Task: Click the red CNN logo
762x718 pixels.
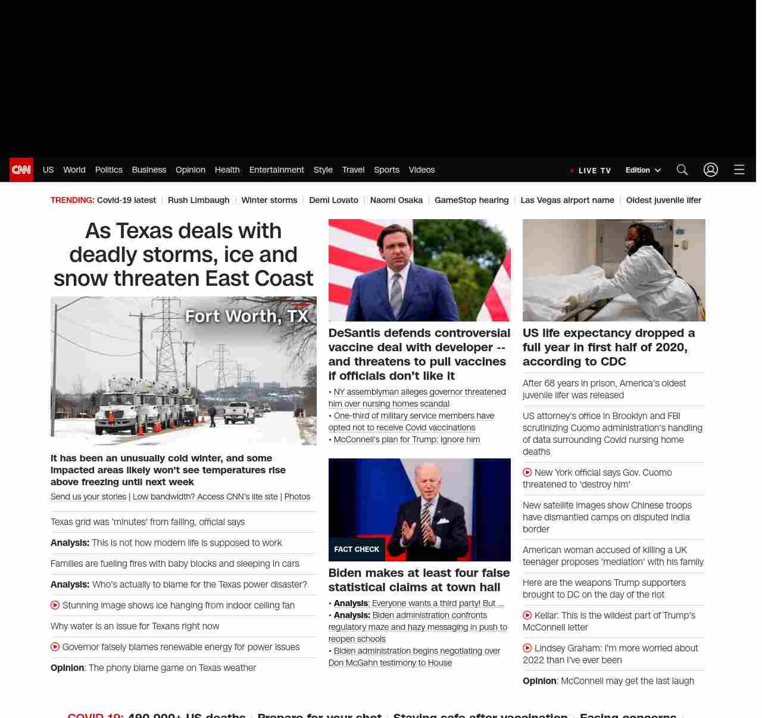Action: pyautogui.click(x=21, y=170)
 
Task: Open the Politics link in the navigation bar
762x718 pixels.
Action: pyautogui.click(x=108, y=170)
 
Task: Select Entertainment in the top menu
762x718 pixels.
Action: pyautogui.click(x=276, y=170)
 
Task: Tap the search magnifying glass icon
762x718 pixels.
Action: pyautogui.click(x=682, y=170)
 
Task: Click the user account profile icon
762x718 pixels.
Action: pyautogui.click(x=711, y=170)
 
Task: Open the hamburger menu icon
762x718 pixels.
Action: pyautogui.click(x=739, y=170)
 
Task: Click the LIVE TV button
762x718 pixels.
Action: pyautogui.click(x=591, y=170)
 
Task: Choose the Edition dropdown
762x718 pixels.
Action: pyautogui.click(x=643, y=170)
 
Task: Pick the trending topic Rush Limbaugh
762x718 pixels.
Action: pyautogui.click(x=198, y=200)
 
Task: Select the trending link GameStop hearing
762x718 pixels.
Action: pyautogui.click(x=471, y=200)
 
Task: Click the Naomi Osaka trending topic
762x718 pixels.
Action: pyautogui.click(x=396, y=200)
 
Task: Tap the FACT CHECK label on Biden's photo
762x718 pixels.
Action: pyautogui.click(x=357, y=550)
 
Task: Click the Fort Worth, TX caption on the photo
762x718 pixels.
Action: pyautogui.click(x=246, y=316)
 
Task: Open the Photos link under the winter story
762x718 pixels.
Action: pyautogui.click(x=297, y=497)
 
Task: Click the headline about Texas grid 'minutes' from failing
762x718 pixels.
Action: pyautogui.click(x=148, y=522)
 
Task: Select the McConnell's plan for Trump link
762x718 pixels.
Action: pyautogui.click(x=407, y=439)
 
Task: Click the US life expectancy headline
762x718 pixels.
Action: pyautogui.click(x=608, y=347)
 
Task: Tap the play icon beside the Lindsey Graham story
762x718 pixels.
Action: pyautogui.click(x=527, y=648)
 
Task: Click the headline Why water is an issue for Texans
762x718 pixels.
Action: pyautogui.click(x=135, y=626)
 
